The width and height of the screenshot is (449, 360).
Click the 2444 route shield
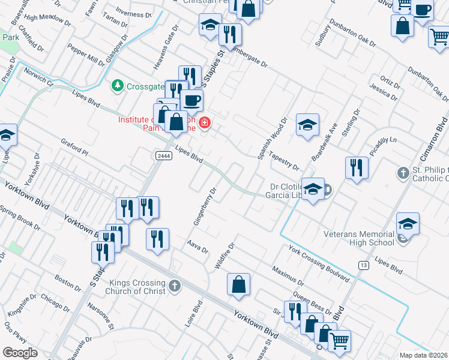click(163, 156)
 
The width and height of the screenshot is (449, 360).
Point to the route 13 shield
click(363, 265)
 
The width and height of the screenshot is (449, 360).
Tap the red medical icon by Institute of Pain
click(205, 124)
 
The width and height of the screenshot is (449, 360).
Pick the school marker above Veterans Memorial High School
click(408, 223)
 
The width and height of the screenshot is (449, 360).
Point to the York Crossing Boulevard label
click(319, 263)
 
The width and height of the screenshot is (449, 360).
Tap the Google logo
click(20, 352)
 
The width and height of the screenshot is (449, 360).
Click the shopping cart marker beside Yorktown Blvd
click(339, 340)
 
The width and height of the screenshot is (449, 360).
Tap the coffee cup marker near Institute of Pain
click(191, 100)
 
